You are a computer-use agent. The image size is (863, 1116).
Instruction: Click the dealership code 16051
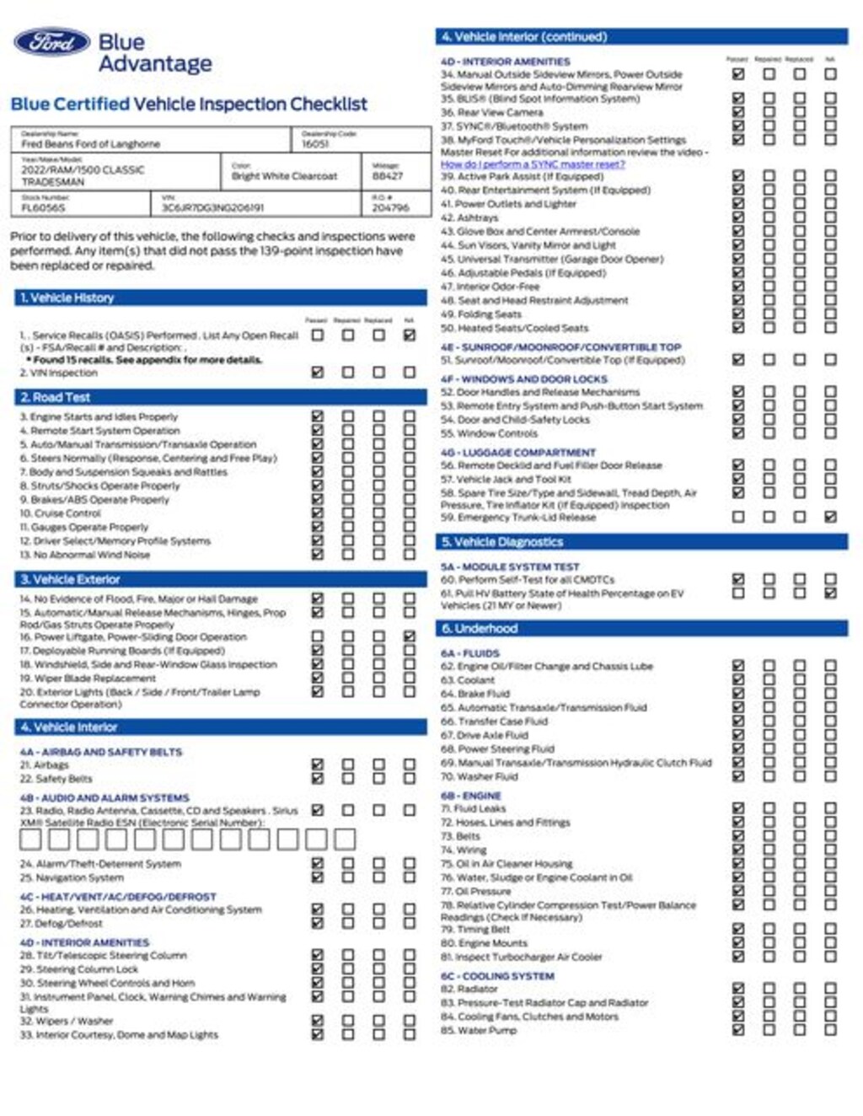[315, 144]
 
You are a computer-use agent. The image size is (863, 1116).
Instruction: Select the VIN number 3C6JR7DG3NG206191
[212, 207]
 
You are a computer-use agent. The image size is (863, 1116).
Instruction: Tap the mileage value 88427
[388, 176]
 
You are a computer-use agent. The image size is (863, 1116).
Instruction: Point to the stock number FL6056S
[43, 207]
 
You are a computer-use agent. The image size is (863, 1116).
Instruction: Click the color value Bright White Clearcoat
[284, 176]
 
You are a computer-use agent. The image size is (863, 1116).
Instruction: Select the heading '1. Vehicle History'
[67, 298]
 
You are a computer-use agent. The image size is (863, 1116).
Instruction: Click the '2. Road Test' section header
[56, 397]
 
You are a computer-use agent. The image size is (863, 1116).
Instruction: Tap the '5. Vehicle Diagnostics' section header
[501, 542]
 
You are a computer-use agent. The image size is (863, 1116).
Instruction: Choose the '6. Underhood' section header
[478, 629]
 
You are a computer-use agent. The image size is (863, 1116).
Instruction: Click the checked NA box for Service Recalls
[410, 335]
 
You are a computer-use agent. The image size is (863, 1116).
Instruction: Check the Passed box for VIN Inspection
[318, 372]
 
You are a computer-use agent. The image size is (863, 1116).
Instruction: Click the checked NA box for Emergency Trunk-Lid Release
[830, 517]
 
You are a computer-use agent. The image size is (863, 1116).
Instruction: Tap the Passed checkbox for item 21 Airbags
[318, 765]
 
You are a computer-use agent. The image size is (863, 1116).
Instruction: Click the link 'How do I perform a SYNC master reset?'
[533, 164]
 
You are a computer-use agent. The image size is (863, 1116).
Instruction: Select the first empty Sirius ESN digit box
[30, 839]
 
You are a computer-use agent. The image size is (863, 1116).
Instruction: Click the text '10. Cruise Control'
[61, 512]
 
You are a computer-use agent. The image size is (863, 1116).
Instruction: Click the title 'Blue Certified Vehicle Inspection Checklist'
[189, 105]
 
